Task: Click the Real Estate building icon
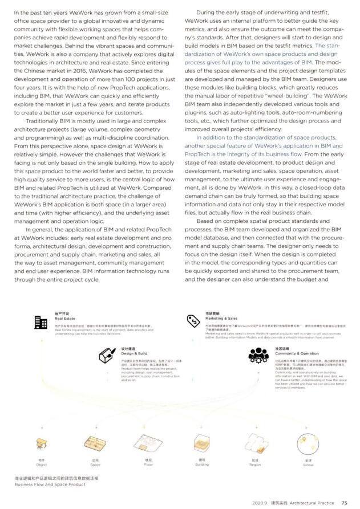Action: click(x=41, y=321)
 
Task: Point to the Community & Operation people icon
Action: click(x=258, y=356)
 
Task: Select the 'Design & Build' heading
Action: click(x=133, y=353)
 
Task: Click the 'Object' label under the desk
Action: click(x=41, y=465)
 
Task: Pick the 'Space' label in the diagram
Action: click(x=95, y=465)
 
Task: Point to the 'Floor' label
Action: click(x=148, y=465)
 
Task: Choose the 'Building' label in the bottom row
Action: click(x=202, y=465)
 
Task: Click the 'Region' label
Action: click(x=255, y=465)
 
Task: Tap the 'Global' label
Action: click(x=308, y=465)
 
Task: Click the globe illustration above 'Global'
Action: click(x=308, y=442)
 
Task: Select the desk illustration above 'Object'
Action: click(x=41, y=443)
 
